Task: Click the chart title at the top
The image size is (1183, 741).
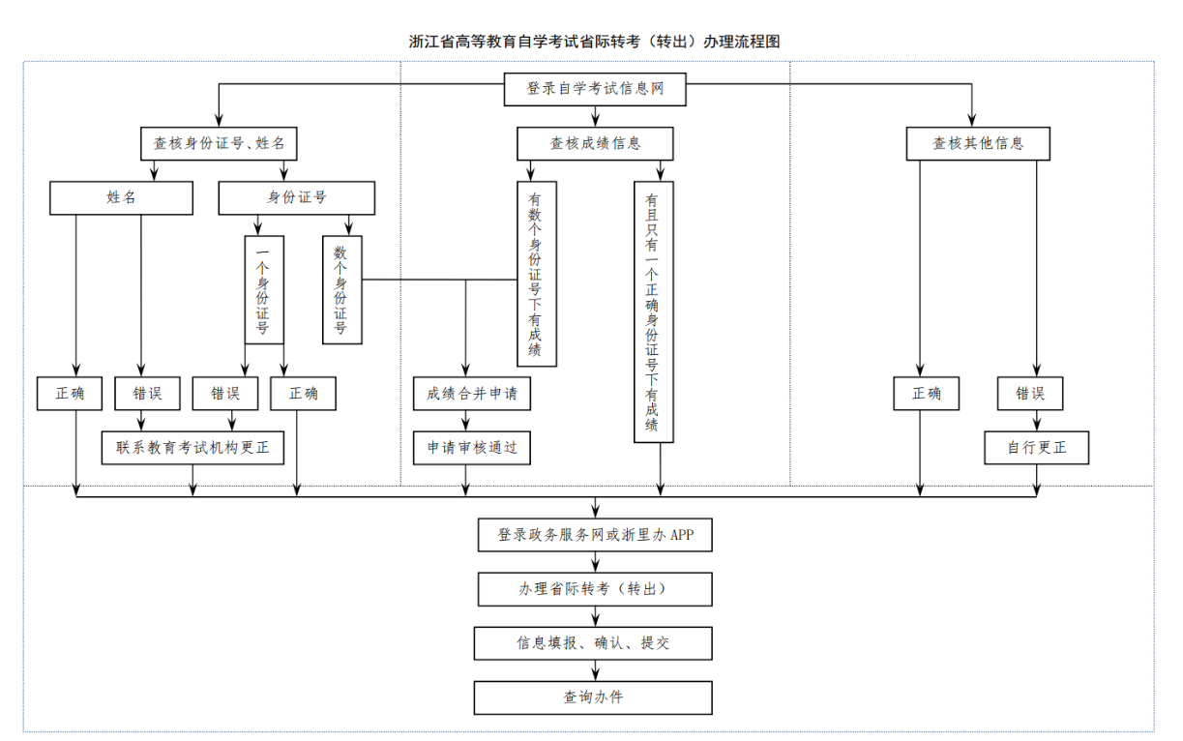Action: click(594, 42)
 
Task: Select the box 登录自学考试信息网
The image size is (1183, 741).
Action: click(594, 89)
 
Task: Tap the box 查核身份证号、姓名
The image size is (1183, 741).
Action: click(219, 143)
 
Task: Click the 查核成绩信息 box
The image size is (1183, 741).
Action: click(594, 143)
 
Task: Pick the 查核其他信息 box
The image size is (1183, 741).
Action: click(977, 143)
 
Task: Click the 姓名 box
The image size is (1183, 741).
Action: click(121, 197)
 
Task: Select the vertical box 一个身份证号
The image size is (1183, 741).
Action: click(263, 289)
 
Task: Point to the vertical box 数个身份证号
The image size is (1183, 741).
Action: click(341, 289)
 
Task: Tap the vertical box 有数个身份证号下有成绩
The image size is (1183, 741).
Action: click(536, 274)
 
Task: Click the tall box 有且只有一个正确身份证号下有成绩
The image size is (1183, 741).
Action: click(653, 311)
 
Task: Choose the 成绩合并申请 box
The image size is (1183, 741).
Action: click(472, 394)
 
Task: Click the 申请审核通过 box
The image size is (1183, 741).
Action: click(472, 448)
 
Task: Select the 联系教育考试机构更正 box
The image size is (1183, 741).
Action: click(193, 448)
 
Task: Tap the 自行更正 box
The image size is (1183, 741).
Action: click(1036, 448)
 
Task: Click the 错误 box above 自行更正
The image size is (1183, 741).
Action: click(1029, 394)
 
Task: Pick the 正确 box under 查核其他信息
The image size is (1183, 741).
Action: click(926, 394)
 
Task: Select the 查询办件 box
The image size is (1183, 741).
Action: click(594, 697)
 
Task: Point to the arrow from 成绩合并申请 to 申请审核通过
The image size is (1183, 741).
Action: click(466, 421)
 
